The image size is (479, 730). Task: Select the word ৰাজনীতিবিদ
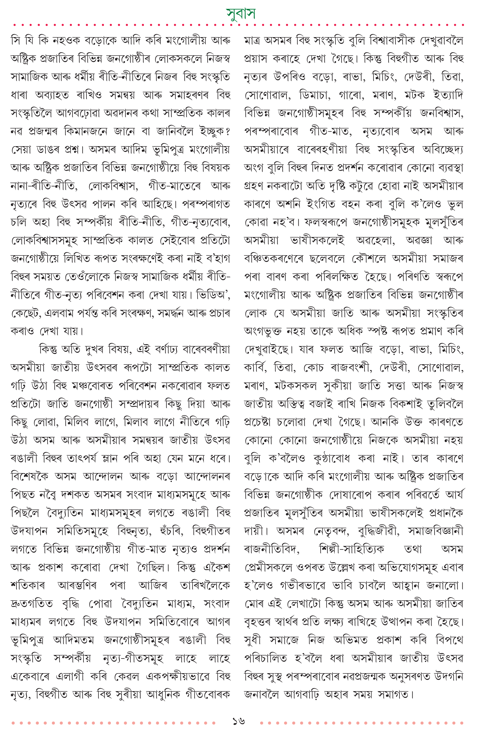[x=271, y=549]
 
